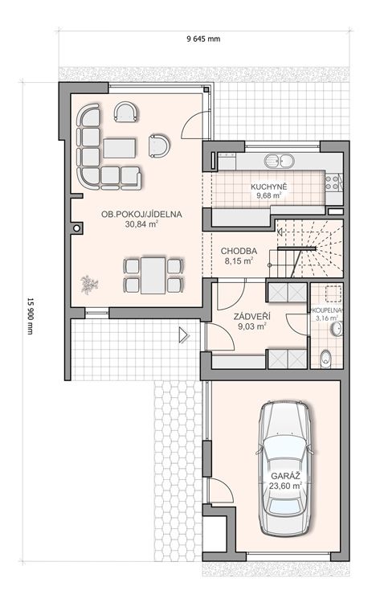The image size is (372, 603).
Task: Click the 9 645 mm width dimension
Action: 203,39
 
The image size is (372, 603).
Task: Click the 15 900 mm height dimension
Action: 30,316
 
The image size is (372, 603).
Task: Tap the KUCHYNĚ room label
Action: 269,187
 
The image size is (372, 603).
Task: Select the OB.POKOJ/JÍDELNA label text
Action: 141,215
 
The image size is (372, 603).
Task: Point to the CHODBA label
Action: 239,251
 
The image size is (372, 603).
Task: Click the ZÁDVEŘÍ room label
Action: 252,317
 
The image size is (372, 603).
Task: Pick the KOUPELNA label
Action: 327,310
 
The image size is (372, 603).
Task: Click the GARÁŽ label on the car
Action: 285,476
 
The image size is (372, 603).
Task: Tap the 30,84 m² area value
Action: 141,224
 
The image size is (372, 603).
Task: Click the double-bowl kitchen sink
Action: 279,161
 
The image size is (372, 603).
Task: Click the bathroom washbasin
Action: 337,330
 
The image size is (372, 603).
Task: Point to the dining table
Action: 153,275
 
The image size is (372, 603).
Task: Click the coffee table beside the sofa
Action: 120,148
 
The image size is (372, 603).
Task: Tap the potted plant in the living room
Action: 89,284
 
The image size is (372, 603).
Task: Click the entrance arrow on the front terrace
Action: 184,335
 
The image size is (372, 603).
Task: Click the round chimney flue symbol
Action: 77,228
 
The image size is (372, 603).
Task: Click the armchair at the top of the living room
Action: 126,112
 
